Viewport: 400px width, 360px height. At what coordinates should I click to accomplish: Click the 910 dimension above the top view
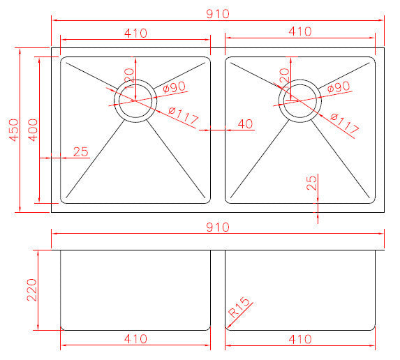point(218,13)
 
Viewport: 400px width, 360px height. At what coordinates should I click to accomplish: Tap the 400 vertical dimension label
point(32,130)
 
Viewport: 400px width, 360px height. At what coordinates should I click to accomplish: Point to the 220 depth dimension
point(32,289)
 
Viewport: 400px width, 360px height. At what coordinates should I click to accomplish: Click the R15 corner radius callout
point(240,313)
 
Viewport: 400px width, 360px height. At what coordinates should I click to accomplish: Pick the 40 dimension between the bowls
point(244,124)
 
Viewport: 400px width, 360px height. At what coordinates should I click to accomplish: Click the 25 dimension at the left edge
point(80,151)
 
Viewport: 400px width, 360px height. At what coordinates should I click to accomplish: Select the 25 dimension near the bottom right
point(311,183)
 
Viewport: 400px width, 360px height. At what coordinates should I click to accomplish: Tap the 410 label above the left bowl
point(135,31)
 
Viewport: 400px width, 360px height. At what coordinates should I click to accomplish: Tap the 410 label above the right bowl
point(299,31)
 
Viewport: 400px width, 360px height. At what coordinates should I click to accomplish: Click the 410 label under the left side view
point(135,339)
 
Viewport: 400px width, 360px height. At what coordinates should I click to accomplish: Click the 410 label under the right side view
point(299,339)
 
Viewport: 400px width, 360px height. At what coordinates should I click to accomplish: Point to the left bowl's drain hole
point(136,100)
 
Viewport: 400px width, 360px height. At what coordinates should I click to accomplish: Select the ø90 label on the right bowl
point(337,87)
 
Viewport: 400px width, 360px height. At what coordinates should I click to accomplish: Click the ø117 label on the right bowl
point(345,124)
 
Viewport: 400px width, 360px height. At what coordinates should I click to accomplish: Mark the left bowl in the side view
point(135,289)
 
